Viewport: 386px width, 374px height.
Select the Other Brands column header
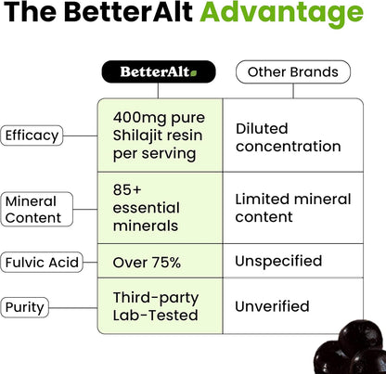point(293,71)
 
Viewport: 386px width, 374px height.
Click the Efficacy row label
point(32,135)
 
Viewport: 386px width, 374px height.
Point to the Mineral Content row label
point(32,209)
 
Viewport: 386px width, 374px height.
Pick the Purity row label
point(26,306)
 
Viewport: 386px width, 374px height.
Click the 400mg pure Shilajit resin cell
point(160,135)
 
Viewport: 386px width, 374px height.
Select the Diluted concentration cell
point(289,136)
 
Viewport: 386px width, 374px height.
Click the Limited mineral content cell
point(292,209)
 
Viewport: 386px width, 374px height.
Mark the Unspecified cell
point(278,261)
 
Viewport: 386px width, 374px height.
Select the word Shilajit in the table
point(139,135)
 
